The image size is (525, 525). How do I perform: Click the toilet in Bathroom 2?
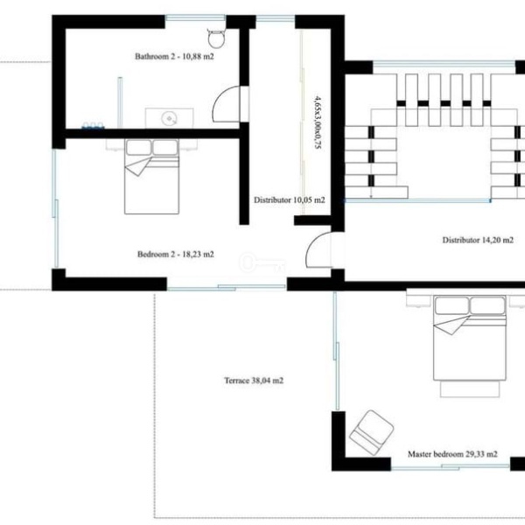coord(216,38)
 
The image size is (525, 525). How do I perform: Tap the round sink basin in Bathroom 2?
coord(170,118)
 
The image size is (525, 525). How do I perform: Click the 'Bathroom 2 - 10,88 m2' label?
coord(174,56)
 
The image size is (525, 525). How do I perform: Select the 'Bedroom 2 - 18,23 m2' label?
coord(176,254)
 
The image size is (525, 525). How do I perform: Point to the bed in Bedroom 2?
coord(151,177)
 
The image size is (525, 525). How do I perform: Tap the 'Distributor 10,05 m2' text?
coord(290,199)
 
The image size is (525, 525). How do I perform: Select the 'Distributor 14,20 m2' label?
coord(478,240)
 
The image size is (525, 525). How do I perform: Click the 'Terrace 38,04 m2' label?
coord(254,381)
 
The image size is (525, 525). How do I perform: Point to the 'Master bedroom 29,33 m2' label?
coord(452,454)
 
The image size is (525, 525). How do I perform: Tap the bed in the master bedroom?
coord(469,338)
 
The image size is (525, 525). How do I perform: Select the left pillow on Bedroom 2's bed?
coord(138,147)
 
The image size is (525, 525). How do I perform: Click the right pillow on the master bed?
coord(487,305)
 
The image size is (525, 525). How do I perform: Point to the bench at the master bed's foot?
coord(470,389)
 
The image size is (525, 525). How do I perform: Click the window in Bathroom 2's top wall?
coord(195,17)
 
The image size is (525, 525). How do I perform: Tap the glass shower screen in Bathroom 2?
coord(120,102)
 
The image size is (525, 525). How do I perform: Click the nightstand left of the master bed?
coord(418,298)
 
